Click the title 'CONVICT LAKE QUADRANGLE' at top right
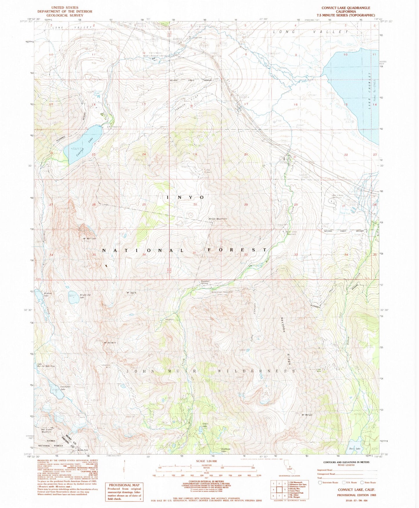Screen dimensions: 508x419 coord(346,8)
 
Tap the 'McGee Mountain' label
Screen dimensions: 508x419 coord(218,219)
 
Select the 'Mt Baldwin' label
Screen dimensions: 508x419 coord(110,343)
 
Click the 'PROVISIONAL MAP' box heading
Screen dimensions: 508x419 coord(124,485)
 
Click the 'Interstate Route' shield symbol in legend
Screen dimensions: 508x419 coord(320,483)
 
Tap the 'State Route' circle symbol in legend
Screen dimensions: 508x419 coord(362,483)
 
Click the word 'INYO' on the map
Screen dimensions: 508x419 coord(186,198)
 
